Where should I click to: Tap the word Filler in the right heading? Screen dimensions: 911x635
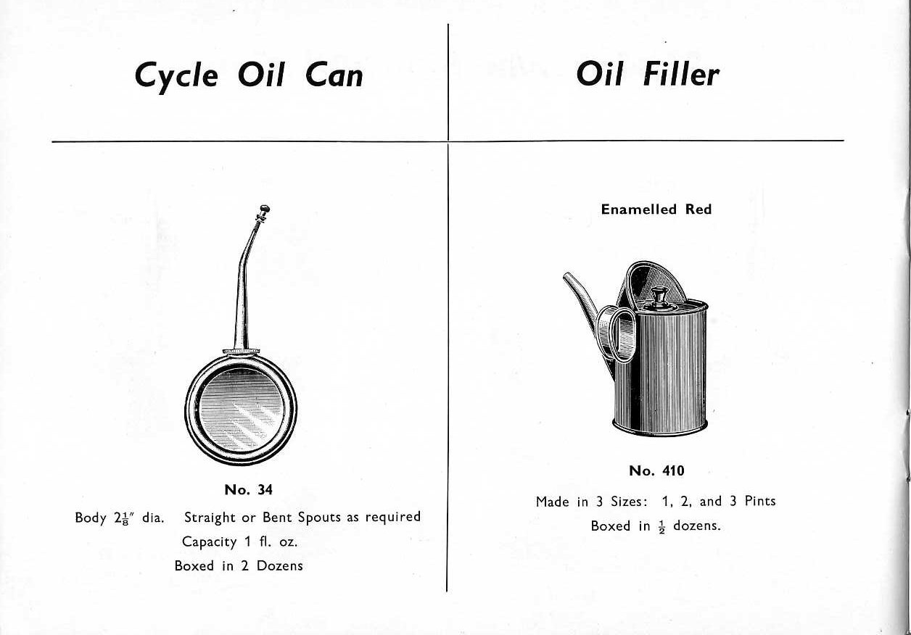681,75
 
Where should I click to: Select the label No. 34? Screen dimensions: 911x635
249,490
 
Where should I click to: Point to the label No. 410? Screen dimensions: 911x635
656,470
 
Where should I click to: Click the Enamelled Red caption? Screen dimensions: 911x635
656,209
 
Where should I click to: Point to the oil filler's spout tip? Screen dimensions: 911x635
566,276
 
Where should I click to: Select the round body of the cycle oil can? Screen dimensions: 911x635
241,409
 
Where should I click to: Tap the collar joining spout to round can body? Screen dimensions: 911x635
242,350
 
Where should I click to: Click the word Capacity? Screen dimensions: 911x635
209,542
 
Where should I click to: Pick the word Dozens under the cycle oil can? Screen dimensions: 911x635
280,566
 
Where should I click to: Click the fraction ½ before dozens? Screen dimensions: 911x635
662,527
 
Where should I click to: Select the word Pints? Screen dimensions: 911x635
760,501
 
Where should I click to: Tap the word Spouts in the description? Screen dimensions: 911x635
319,518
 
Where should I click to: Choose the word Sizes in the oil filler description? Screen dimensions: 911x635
629,502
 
